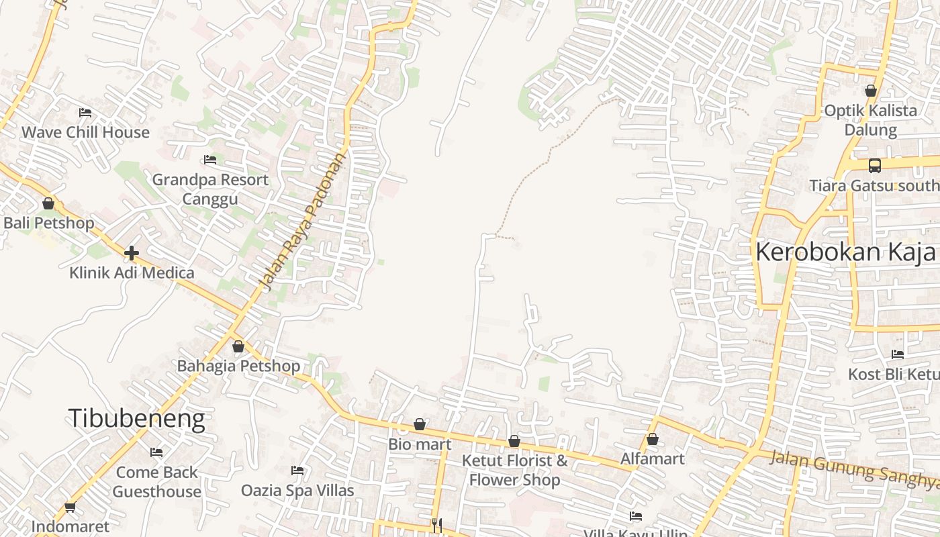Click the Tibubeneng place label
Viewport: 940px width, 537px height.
(136, 418)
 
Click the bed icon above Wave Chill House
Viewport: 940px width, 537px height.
(85, 113)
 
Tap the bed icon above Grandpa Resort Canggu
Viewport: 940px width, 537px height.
(210, 160)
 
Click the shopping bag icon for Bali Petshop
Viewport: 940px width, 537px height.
(48, 203)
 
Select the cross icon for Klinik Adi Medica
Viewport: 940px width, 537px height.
(132, 253)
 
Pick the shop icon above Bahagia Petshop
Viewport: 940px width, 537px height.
(238, 346)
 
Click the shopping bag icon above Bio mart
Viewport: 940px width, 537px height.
(420, 424)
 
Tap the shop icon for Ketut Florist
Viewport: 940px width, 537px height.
(514, 441)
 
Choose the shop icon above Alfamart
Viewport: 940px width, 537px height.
(652, 439)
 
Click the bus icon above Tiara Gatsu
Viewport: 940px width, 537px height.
(874, 165)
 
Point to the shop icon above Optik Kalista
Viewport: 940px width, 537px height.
(871, 91)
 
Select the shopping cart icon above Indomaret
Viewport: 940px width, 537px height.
(70, 507)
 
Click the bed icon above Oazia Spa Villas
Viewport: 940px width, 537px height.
(297, 471)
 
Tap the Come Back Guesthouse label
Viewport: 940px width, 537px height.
(157, 482)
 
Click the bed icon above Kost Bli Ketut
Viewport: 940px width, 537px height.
(897, 354)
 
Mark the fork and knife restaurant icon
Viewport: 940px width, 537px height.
(437, 524)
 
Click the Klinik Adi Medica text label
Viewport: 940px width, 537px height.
(132, 273)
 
